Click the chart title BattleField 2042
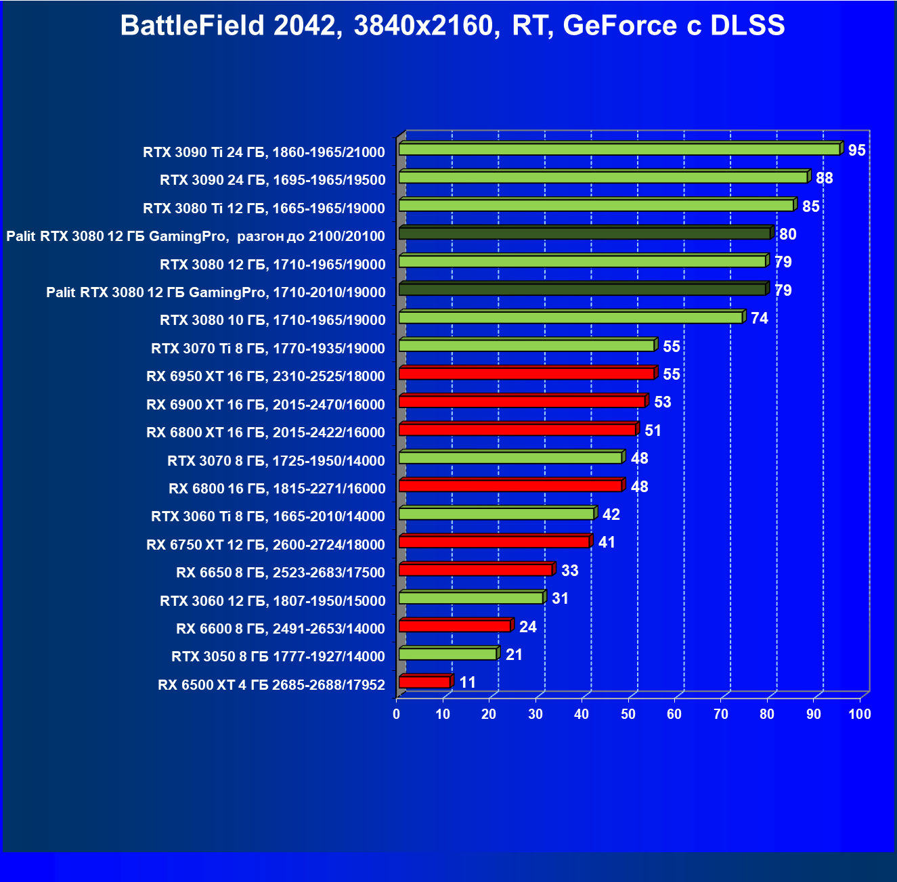452,26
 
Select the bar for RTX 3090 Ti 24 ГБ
619,149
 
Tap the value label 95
856,150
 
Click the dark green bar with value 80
585,234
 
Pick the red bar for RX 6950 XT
527,374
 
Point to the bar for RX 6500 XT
425,682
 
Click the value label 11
468,682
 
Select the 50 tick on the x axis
628,714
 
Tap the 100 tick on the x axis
860,714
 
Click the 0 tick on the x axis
397,714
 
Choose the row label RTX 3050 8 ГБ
278,657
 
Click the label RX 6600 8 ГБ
280,629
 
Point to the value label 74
760,318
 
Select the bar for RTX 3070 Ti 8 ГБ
527,346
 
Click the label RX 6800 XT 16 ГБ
265,433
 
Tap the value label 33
570,571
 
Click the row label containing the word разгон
196,236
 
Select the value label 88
824,178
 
